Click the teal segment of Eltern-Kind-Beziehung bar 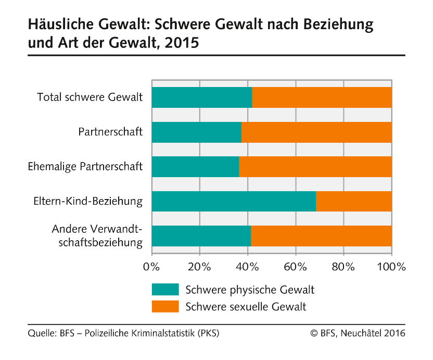234,202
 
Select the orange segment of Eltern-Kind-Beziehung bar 354,202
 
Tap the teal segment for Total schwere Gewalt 201,97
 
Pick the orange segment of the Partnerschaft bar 316,132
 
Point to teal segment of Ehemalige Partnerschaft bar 195,167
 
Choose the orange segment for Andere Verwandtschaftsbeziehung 321,236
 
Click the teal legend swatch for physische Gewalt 165,290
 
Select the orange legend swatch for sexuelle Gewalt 165,307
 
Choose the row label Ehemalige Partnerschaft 85,167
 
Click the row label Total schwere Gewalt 90,97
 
